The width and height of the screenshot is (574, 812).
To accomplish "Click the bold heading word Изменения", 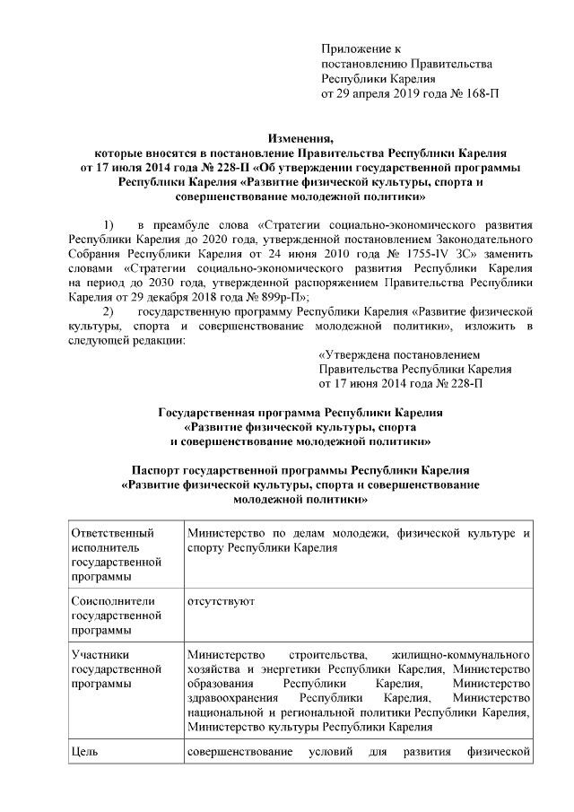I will pyautogui.click(x=300, y=138).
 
